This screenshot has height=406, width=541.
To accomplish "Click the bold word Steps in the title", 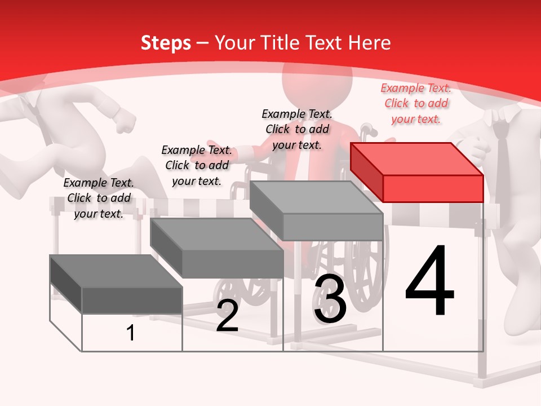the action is coord(166,43).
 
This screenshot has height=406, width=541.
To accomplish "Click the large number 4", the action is coord(429,280).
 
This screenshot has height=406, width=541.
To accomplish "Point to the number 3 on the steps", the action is coord(330,298).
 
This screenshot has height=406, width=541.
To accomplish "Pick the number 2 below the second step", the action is coord(227,316).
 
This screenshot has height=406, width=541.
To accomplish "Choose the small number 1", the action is coord(131,333).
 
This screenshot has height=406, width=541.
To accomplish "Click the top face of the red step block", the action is coord(417,159).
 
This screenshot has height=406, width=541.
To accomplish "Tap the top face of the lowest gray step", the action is coord(116,271).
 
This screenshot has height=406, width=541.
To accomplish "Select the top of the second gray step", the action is coord(216,235).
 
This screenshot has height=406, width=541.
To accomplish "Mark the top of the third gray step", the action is coord(316,197).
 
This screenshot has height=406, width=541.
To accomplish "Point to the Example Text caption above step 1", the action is coord(99,198).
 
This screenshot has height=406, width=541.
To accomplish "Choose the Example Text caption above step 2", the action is coord(197,165).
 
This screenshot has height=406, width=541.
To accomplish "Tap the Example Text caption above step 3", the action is coord(297,129).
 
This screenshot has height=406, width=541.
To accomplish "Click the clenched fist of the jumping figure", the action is coord(126,122).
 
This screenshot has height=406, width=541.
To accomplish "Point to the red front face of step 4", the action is coord(433,188).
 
